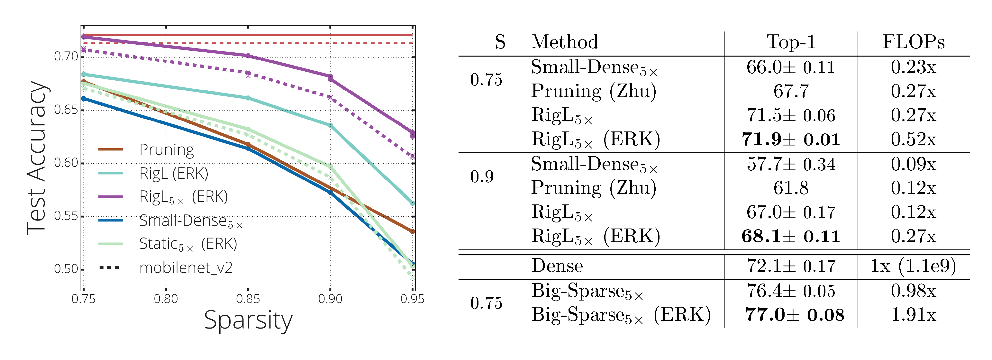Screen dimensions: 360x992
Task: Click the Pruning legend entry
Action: point(166,150)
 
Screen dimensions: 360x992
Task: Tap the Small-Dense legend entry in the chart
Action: point(191,221)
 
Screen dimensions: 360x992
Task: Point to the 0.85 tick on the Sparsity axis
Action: point(248,299)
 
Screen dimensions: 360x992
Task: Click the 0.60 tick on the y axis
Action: point(66,163)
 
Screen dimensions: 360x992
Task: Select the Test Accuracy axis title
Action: point(37,158)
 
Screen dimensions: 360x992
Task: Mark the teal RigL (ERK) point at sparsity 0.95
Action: point(412,203)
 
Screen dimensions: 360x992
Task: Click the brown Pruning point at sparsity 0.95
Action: point(412,231)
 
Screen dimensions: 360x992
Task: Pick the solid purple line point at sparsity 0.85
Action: point(248,56)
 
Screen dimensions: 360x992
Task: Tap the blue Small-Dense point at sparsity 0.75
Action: point(84,99)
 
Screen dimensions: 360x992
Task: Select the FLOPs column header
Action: point(913,42)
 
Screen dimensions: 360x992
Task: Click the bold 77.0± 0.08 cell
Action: point(794,315)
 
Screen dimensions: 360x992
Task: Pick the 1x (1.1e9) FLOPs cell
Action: point(913,266)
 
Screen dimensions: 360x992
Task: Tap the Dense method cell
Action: point(557,266)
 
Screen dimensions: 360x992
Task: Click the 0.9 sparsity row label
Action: point(482,177)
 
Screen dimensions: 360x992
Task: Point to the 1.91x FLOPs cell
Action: point(913,315)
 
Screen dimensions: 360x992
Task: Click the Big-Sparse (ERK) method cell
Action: point(620,315)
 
